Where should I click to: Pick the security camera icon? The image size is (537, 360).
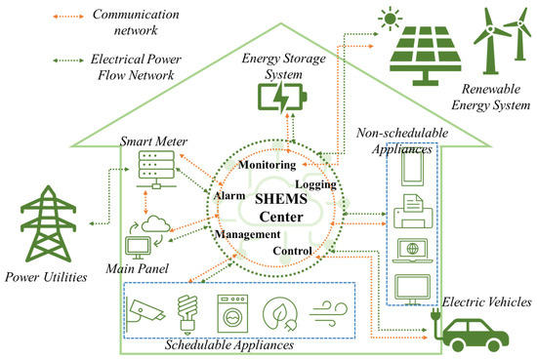[145, 309]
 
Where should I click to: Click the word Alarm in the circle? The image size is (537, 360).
[228, 195]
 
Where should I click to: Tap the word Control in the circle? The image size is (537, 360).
[292, 252]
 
